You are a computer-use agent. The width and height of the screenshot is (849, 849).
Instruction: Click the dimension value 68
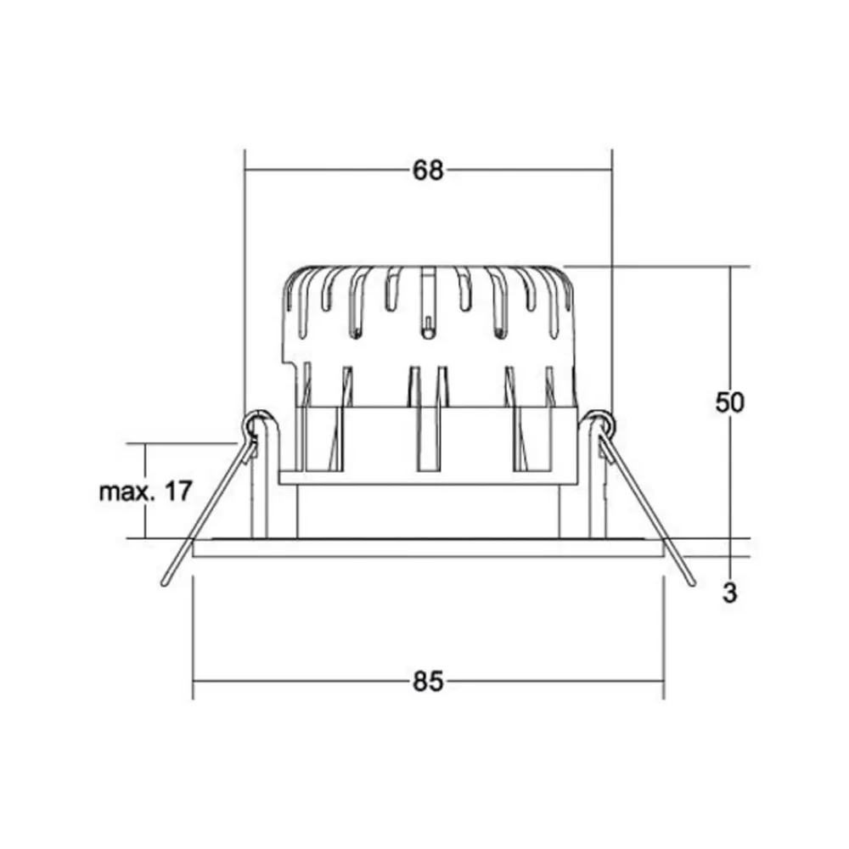coord(428,171)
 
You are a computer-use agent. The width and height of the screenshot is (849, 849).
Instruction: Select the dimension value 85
coord(428,682)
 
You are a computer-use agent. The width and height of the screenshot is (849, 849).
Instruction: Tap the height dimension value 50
coord(729,402)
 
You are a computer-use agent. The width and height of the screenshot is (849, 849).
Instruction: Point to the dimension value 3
coord(729,593)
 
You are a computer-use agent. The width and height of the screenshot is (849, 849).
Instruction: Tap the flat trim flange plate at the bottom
coord(428,548)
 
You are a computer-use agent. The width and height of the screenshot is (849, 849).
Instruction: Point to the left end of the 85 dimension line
coord(194,681)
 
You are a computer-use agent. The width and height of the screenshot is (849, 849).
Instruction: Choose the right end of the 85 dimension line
coord(663,681)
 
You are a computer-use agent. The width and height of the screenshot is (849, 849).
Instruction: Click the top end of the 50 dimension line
coord(729,267)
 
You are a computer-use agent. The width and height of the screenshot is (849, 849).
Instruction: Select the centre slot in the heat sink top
coord(429,301)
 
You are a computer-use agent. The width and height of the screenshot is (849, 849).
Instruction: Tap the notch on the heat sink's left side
coord(291,365)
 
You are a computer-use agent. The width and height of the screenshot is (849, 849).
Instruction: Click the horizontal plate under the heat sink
coord(428,478)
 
